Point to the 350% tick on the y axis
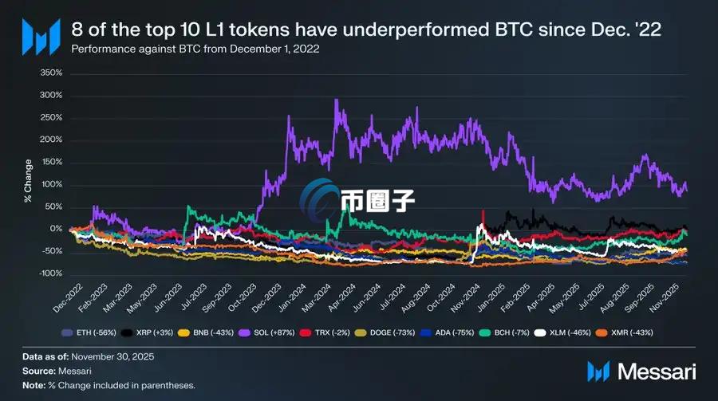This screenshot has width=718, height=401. coord(50,73)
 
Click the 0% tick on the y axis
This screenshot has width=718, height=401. coord(54,229)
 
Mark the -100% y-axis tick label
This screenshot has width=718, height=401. coord(49,273)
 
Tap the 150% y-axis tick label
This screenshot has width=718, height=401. coord(50,162)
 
